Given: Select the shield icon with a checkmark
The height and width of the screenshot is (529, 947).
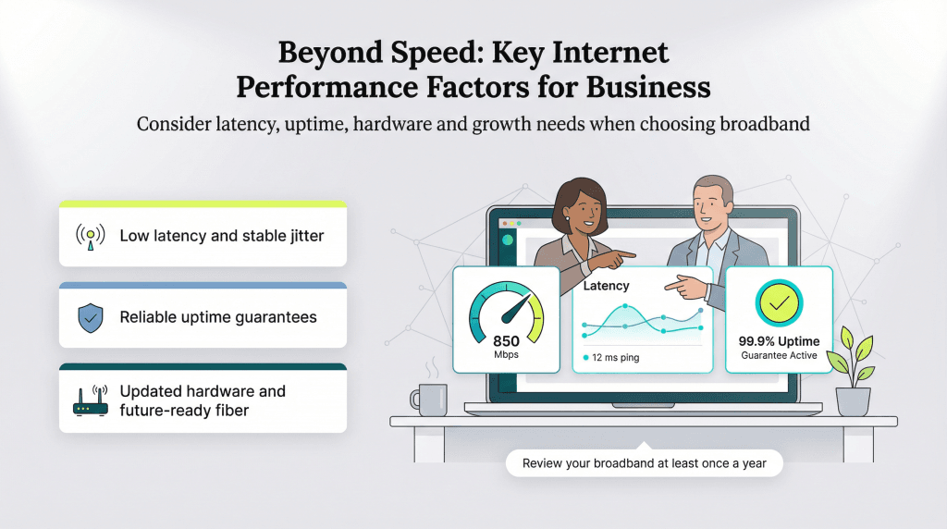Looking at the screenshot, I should point(90,317).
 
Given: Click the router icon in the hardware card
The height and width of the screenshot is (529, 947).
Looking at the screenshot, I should point(90,400).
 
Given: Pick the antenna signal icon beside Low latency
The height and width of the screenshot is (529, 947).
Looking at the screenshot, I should point(90,236).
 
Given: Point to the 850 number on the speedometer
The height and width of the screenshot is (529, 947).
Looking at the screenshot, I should point(506,341).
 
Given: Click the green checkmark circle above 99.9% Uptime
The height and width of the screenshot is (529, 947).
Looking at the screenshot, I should point(779,303).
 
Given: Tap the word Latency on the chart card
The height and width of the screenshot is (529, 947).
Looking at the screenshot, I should point(607,286).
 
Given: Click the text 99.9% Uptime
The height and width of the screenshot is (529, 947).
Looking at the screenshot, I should point(779,341).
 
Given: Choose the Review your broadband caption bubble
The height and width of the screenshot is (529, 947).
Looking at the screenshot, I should point(644,462).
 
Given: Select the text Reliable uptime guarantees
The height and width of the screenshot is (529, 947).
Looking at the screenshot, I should point(218,317).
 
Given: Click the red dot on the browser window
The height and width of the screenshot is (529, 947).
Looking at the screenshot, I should point(504,224).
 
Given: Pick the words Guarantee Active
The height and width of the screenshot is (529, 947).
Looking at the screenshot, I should point(779,355).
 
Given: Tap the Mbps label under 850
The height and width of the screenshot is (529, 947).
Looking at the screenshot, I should point(506,355).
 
